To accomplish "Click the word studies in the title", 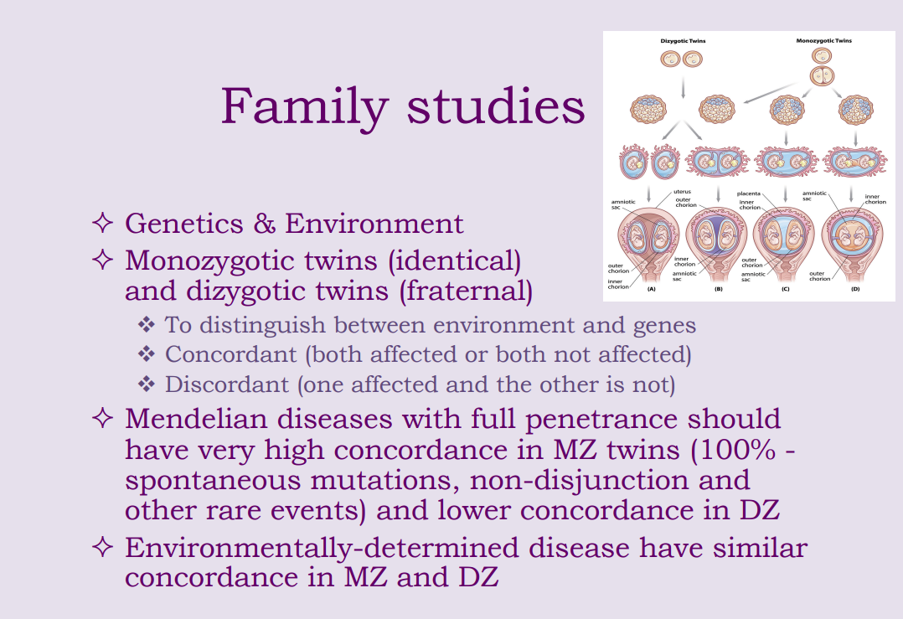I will pos(495,107).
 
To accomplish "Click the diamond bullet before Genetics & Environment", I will pos(102,224).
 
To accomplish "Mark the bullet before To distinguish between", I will pos(147,325).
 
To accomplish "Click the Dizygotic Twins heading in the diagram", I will pos(683,40).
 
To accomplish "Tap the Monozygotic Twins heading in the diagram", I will pos(823,40).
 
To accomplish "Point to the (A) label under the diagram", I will pos(651,288).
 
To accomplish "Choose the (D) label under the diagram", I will pos(855,288).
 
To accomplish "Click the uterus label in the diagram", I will pos(683,192).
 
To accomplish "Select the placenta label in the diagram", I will pos(749,193).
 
